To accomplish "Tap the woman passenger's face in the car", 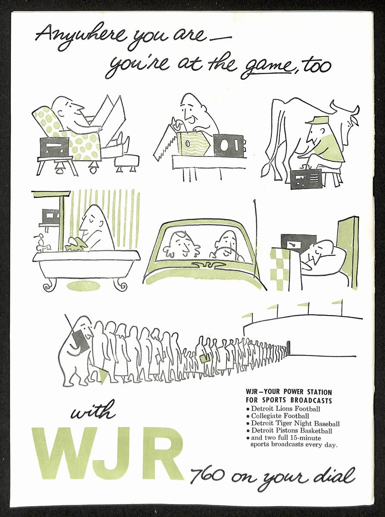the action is [x=183, y=246].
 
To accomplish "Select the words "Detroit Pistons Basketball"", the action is [x=292, y=430].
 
